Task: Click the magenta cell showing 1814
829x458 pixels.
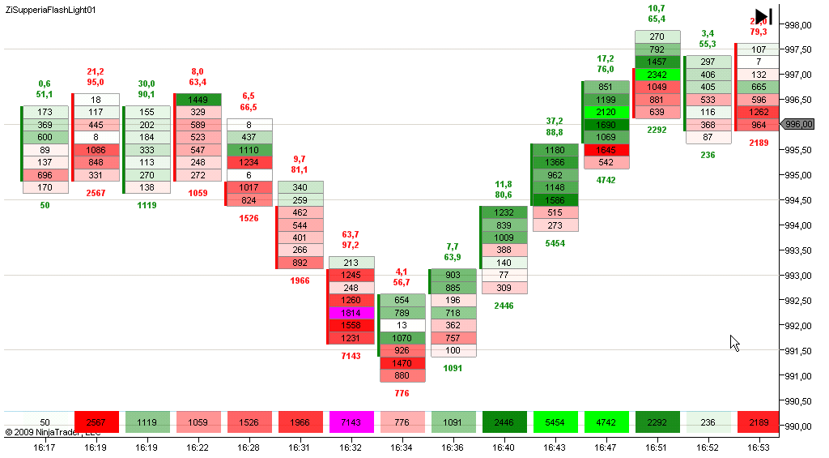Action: point(351,313)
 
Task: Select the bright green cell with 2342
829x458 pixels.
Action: point(657,75)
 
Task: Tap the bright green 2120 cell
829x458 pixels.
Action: point(606,113)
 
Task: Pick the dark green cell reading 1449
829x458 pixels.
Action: point(198,100)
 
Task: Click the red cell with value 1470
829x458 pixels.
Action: point(402,363)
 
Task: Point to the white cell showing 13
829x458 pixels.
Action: point(402,325)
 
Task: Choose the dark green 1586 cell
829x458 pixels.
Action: point(555,200)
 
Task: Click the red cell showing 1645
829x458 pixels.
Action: point(606,150)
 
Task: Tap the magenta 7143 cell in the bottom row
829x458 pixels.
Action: point(351,422)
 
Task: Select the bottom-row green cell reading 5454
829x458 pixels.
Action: point(555,422)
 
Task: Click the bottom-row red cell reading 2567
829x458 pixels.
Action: point(96,422)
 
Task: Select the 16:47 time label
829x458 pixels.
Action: point(606,447)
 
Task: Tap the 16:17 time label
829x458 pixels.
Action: point(45,447)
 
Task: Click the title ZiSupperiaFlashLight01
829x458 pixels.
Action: point(50,10)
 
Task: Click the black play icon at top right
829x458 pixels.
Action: point(763,17)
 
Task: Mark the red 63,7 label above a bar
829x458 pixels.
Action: point(351,234)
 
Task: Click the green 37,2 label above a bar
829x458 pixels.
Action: point(555,121)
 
